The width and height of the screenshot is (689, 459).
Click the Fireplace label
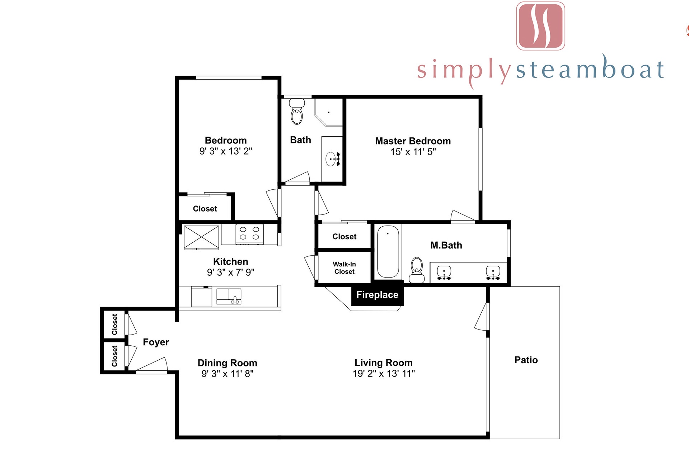377,295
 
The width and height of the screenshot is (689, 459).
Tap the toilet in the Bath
297,112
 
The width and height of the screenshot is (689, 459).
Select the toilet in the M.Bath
417,270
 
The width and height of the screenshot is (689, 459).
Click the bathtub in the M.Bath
388,251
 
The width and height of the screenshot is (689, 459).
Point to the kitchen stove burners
249,233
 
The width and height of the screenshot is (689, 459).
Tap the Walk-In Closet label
344,268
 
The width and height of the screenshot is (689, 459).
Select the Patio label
526,360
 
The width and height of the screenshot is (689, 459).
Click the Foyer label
156,342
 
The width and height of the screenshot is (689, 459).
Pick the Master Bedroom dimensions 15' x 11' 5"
413,152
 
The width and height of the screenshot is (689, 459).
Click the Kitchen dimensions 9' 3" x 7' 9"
231,273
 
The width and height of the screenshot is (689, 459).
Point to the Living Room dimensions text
384,374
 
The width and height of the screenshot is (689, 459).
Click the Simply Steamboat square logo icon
540,26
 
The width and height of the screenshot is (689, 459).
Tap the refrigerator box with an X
201,237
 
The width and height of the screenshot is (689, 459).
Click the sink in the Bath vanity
331,159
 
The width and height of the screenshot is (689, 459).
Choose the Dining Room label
228,363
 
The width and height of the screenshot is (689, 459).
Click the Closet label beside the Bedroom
205,209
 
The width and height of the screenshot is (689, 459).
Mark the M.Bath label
446,245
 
